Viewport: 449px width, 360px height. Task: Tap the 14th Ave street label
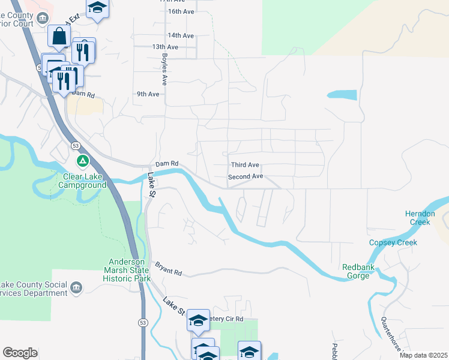tap(181, 35)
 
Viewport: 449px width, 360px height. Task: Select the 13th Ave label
tap(166, 47)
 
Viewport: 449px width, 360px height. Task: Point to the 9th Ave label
tap(148, 94)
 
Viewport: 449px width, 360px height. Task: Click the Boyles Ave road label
tap(164, 68)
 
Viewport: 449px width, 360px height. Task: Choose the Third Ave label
tap(245, 165)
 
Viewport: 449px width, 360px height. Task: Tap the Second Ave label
tap(246, 177)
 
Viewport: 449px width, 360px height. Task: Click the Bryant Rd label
tap(168, 268)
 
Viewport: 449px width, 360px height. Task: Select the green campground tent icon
tap(83, 161)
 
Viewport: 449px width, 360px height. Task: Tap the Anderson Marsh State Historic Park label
tap(126, 270)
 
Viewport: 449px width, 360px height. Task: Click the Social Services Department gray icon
tap(76, 288)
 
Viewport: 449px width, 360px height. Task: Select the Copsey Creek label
tap(393, 242)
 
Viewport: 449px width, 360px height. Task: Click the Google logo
tap(20, 353)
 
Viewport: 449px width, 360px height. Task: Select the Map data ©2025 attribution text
tap(423, 355)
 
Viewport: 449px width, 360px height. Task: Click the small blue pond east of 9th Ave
tap(342, 94)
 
